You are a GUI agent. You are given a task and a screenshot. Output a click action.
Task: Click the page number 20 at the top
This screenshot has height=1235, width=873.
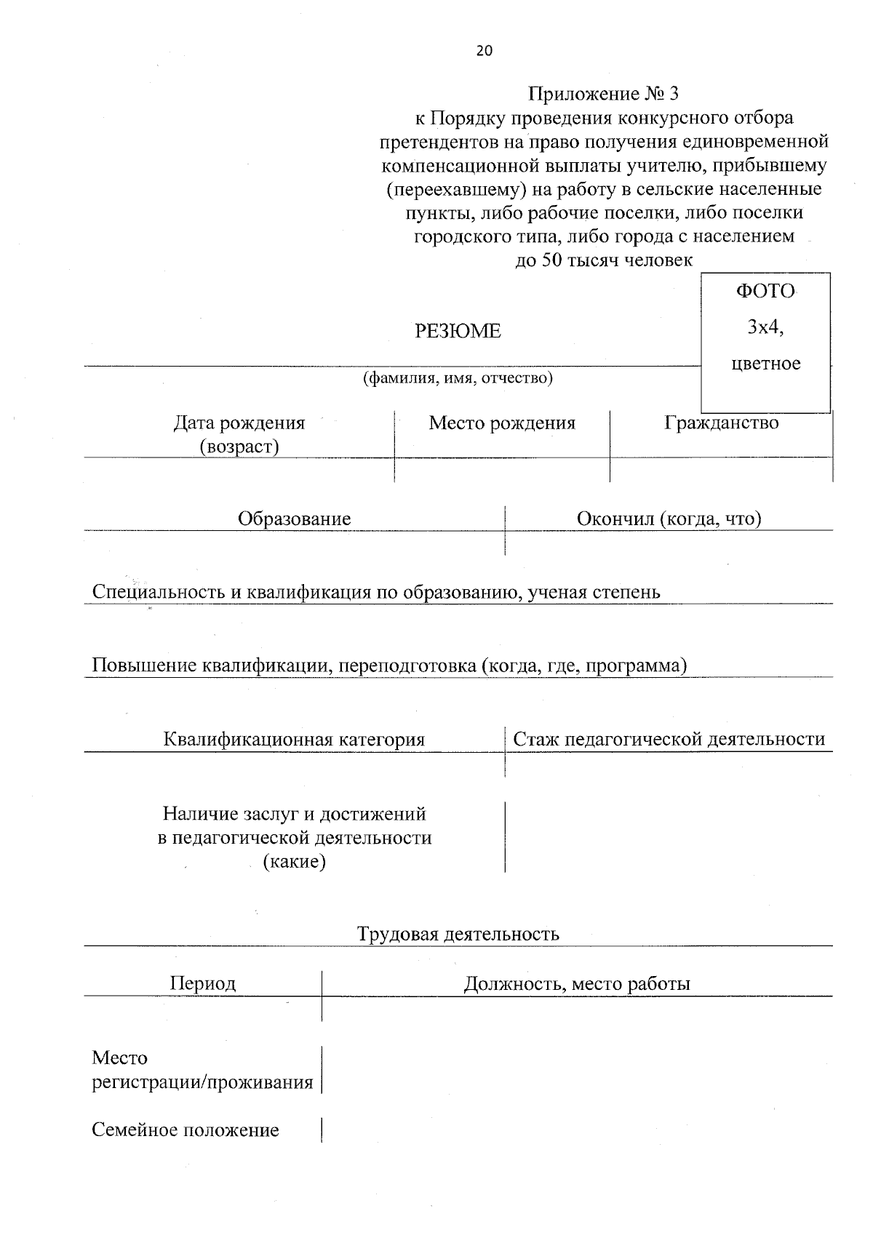484,51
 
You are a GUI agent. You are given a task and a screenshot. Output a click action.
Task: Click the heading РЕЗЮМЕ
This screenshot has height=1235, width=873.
458,332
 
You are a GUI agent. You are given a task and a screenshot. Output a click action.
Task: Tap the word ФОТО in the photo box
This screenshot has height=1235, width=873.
765,292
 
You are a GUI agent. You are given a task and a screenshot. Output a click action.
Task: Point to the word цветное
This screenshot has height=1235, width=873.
765,364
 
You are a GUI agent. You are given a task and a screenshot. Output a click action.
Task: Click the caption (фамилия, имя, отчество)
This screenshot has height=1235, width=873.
458,379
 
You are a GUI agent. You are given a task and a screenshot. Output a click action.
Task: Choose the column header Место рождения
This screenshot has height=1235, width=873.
502,423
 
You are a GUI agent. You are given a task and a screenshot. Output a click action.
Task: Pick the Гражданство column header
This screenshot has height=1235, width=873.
721,423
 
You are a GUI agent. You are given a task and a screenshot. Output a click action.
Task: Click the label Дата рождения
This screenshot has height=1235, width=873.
239,423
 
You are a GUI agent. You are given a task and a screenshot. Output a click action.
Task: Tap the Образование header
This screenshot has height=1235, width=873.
294,519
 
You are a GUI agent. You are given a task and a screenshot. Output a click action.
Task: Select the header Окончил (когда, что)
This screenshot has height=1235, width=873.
669,519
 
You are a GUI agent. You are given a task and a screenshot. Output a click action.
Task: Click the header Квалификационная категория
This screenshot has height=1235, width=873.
294,740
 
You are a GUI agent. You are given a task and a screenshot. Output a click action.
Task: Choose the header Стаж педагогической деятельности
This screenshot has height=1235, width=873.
669,740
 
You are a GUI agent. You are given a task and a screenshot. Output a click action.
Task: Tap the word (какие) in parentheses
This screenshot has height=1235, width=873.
294,863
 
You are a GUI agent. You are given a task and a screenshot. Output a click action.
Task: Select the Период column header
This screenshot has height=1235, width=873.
203,984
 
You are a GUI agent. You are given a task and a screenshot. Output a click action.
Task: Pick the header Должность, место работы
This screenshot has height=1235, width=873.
577,985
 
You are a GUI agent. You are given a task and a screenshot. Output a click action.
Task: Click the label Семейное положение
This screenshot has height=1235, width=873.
186,1130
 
